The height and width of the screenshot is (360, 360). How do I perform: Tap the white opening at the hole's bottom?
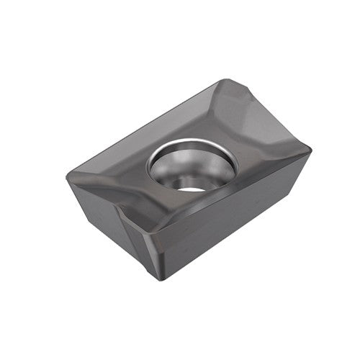(x=192, y=187)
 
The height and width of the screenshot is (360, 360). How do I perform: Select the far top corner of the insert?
(x=225, y=81)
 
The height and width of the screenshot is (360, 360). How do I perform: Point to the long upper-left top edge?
(x=144, y=122)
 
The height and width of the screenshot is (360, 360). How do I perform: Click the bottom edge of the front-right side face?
(x=230, y=241)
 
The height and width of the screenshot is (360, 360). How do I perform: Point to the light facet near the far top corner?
(x=238, y=101)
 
